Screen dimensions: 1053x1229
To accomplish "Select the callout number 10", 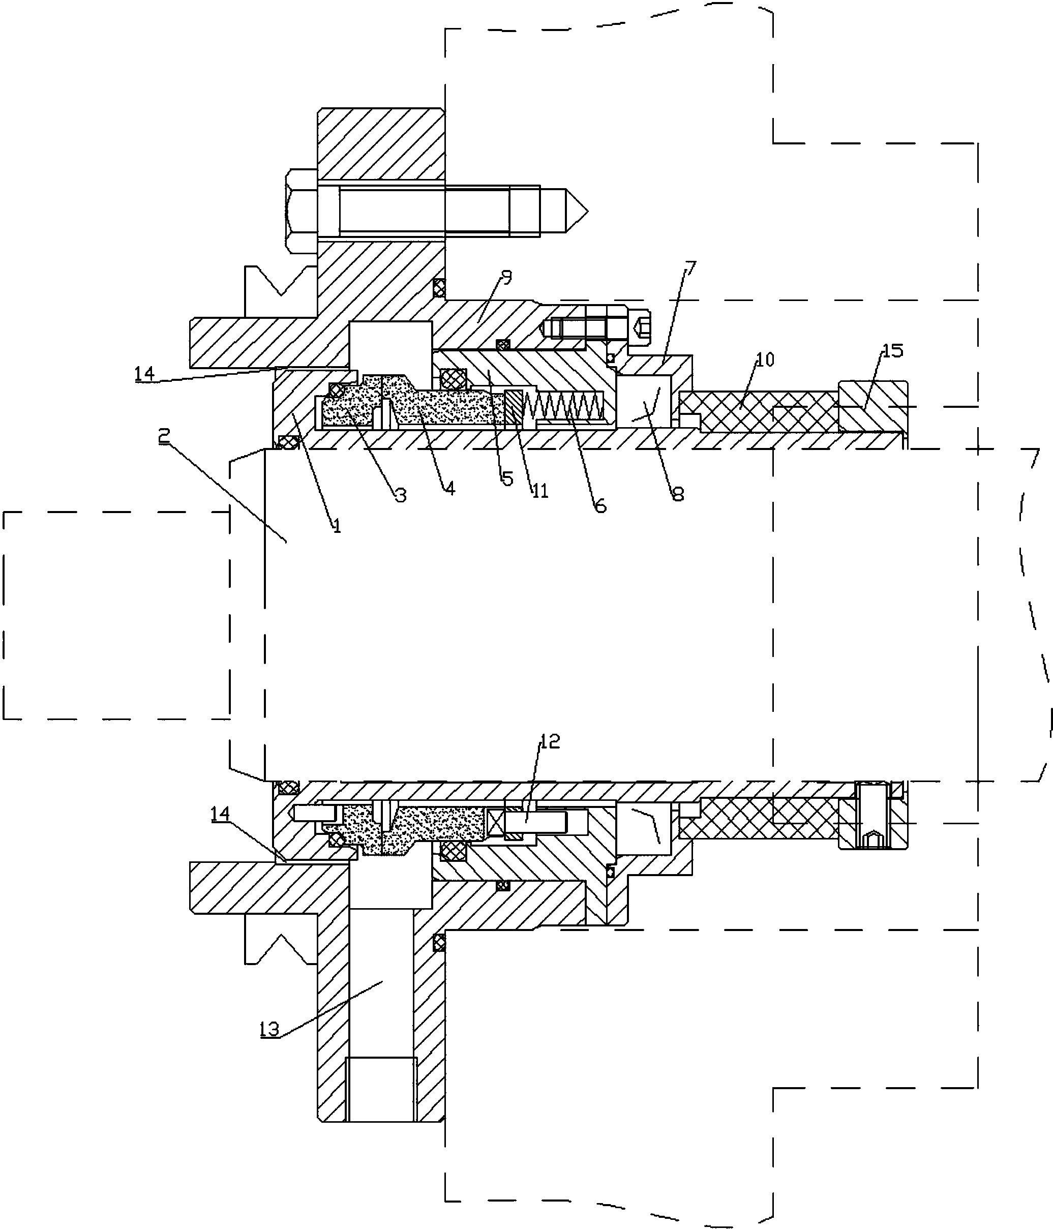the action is tap(765, 359).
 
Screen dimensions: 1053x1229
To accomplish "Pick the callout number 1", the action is tap(337, 525).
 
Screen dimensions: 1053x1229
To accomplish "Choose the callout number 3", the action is tap(401, 495).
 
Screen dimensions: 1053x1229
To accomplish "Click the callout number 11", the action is tap(540, 491).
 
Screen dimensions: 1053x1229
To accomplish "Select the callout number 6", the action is tap(600, 505).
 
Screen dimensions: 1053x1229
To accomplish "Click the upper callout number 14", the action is tap(144, 373).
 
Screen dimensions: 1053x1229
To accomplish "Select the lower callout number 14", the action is tap(221, 814).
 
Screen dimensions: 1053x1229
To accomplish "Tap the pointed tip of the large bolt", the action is tap(588, 212).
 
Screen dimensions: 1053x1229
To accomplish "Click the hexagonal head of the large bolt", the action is tap(302, 211).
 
